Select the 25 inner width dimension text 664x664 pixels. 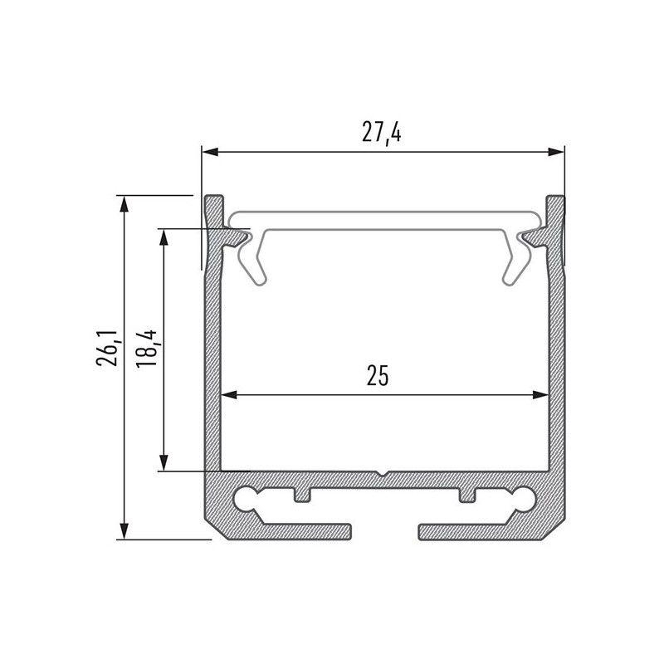378,376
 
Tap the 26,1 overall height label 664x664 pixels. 106,348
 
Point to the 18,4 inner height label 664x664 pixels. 148,348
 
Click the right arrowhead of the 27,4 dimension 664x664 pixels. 557,152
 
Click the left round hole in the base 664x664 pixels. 247,498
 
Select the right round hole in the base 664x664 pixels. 524,498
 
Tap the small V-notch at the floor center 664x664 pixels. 381,475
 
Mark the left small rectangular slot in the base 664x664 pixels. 301,495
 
